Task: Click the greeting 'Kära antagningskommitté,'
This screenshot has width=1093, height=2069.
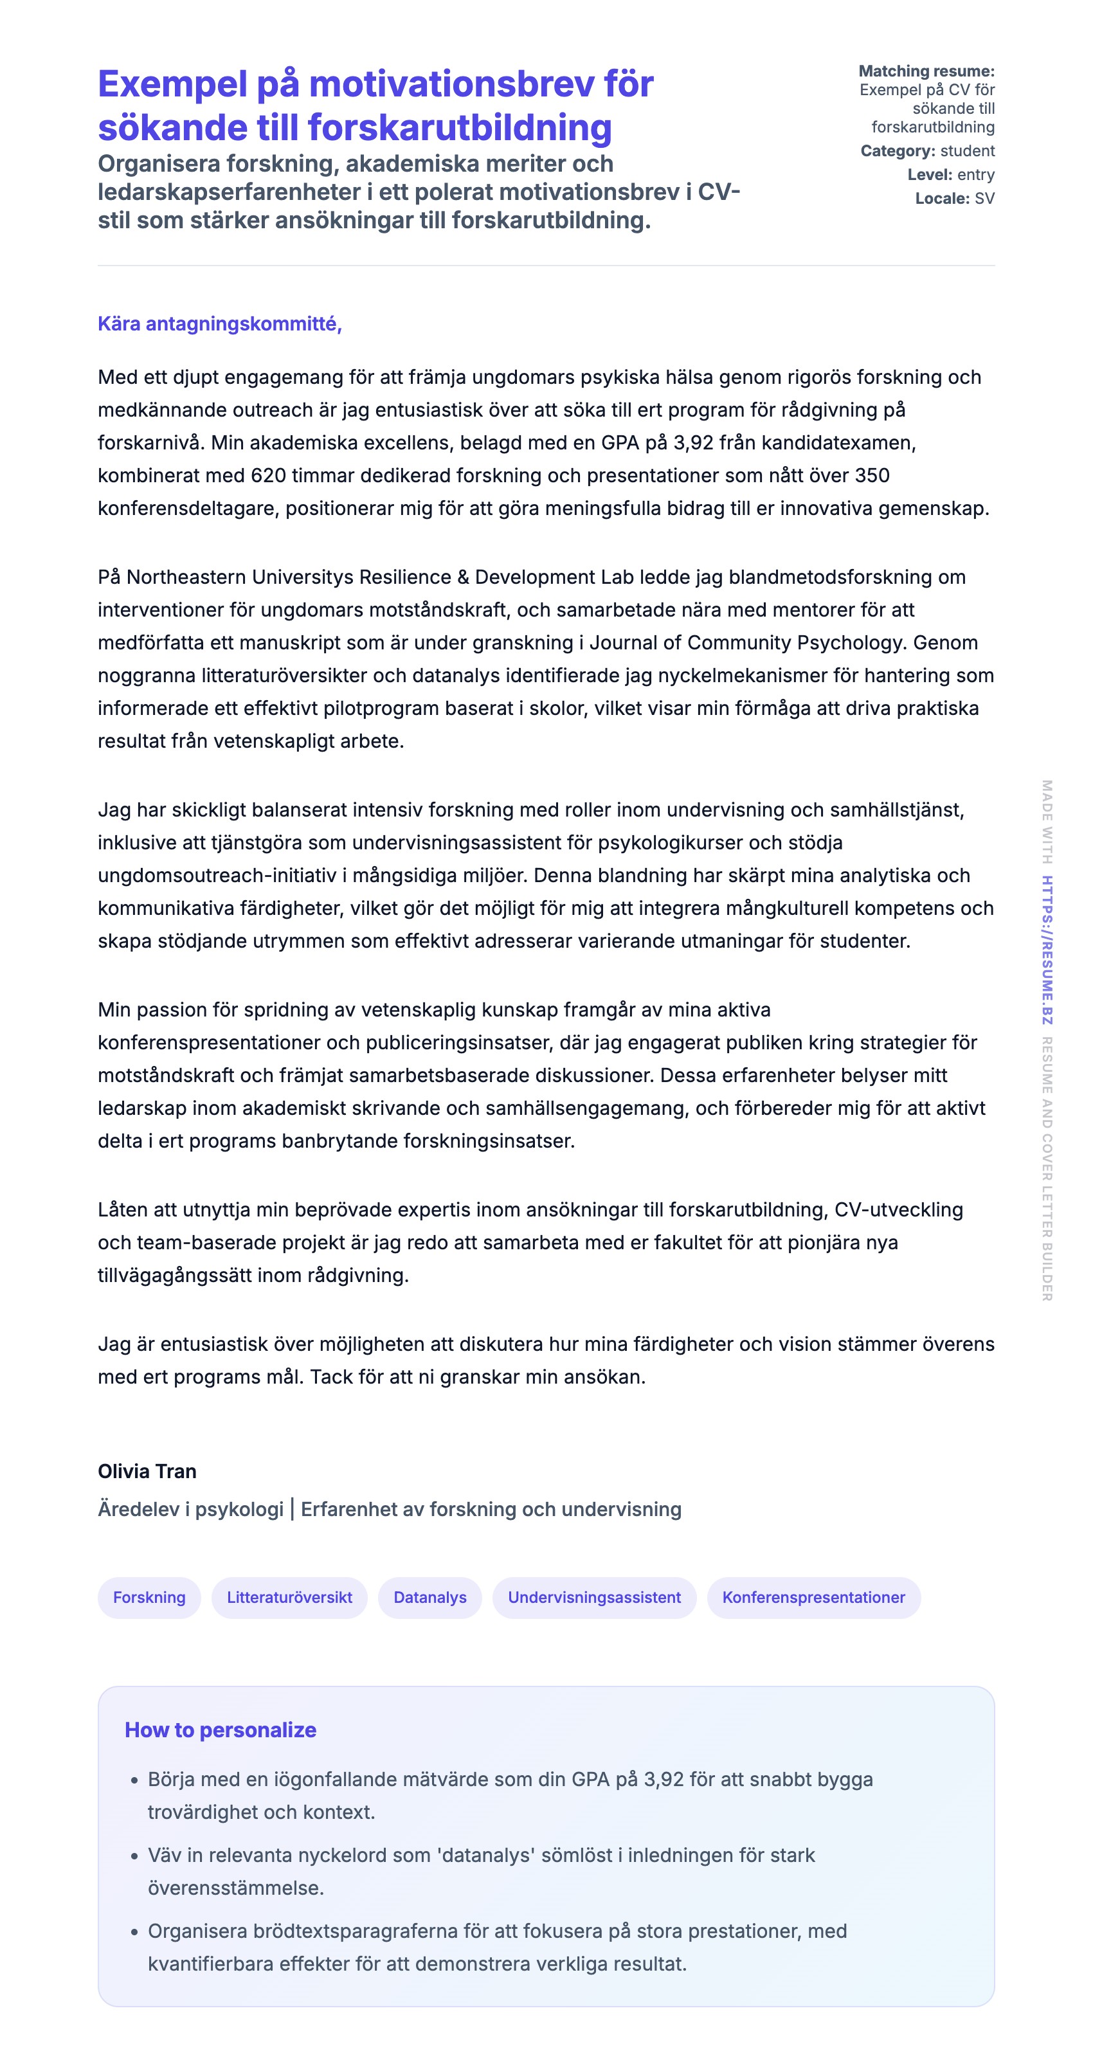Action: [x=219, y=323]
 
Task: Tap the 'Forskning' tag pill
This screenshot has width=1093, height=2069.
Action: [x=149, y=1598]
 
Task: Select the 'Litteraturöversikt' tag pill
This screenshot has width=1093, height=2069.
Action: [x=289, y=1598]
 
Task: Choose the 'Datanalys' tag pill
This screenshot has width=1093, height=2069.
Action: [x=429, y=1598]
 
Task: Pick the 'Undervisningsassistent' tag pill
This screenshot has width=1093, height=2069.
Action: [x=594, y=1598]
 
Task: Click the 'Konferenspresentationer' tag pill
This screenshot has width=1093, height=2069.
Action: [x=813, y=1598]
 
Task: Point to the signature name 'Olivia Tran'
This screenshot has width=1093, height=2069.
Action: [x=147, y=1472]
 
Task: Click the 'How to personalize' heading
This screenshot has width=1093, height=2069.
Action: [x=220, y=1730]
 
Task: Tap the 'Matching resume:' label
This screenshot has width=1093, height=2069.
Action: [x=926, y=71]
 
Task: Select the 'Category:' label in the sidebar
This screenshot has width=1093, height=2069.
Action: [x=897, y=151]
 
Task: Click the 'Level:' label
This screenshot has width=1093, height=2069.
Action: [x=929, y=175]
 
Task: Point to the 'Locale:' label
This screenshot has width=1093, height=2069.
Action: [x=942, y=199]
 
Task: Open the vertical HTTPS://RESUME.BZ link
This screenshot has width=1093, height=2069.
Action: [x=1047, y=950]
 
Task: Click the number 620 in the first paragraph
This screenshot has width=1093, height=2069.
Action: [x=268, y=476]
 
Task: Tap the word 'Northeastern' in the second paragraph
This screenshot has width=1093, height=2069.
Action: [x=186, y=577]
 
